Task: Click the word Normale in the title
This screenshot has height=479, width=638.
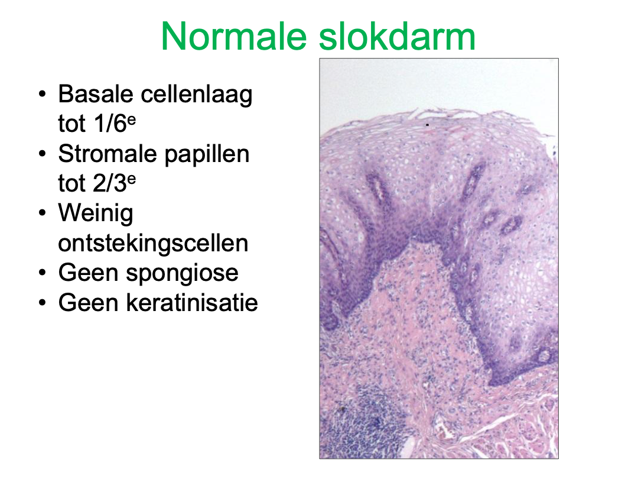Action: pyautogui.click(x=234, y=37)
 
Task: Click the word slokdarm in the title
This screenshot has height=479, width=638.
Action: pyautogui.click(x=397, y=37)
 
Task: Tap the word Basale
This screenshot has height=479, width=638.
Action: pyautogui.click(x=96, y=94)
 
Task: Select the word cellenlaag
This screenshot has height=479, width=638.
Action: pyautogui.click(x=197, y=95)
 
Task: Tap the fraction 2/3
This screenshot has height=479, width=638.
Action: pyautogui.click(x=109, y=183)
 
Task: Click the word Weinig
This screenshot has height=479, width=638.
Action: pyautogui.click(x=96, y=213)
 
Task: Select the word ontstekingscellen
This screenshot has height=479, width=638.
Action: pyautogui.click(x=153, y=243)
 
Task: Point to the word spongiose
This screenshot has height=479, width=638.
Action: pyautogui.click(x=183, y=273)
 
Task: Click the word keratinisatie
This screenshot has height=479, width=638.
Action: pyautogui.click(x=192, y=303)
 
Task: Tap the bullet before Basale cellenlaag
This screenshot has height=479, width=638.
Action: pyautogui.click(x=43, y=95)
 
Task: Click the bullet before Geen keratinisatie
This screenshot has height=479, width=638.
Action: pyautogui.click(x=43, y=303)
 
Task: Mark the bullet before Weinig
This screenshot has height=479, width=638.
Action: pyautogui.click(x=43, y=213)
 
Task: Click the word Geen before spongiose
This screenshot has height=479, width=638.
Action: pyautogui.click(x=89, y=273)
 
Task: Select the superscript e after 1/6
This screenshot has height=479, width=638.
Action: pyautogui.click(x=131, y=119)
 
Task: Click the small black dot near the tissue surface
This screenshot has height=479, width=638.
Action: pyautogui.click(x=427, y=125)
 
